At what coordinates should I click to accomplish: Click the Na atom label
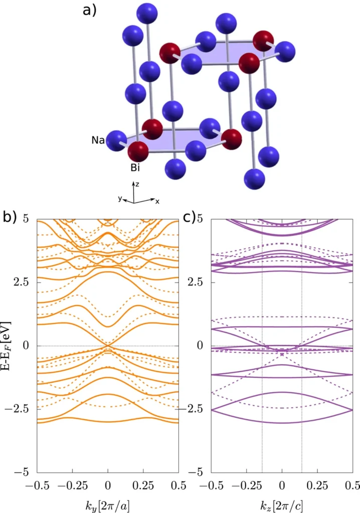98,140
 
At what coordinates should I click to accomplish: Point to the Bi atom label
135,167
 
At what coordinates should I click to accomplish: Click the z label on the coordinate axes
139,184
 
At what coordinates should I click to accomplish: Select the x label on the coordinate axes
157,201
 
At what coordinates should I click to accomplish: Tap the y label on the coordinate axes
121,199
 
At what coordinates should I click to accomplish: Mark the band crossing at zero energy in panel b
108,345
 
